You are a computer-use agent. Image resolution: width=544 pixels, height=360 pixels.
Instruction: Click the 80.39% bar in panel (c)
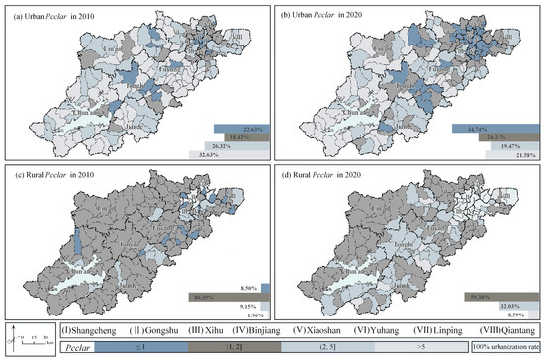(217, 295)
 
